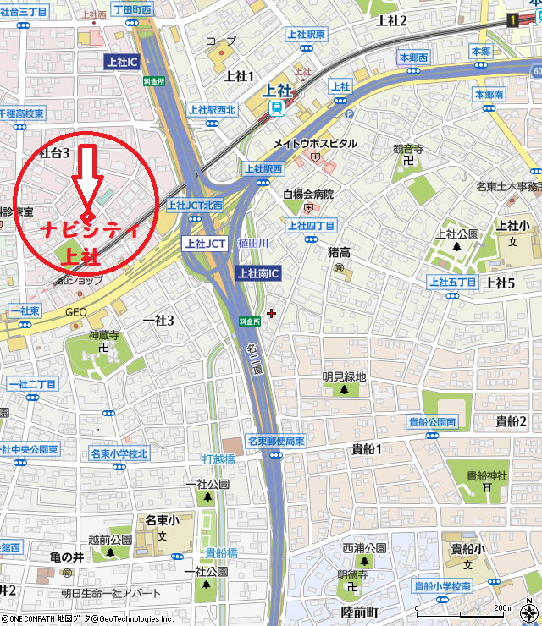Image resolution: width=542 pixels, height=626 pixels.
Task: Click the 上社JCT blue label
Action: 204,243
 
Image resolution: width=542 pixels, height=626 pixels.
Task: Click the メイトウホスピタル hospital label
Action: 315,144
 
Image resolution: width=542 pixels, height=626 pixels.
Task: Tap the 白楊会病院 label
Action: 308,195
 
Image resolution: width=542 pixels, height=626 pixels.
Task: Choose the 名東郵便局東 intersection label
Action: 275,441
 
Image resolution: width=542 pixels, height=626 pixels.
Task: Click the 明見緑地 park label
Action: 344,377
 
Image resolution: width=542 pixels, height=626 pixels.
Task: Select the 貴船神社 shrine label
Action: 485,475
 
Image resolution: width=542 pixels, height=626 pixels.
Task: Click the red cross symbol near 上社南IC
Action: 271,313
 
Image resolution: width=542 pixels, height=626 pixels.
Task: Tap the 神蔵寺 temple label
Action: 103,336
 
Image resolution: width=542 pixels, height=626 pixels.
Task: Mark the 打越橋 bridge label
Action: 218,459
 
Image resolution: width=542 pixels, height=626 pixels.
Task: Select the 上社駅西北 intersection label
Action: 212,109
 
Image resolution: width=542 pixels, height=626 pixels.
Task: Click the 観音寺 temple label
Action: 407,148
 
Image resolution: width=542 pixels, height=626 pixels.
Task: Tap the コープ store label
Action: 222,41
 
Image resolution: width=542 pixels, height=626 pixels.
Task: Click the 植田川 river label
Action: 252,243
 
